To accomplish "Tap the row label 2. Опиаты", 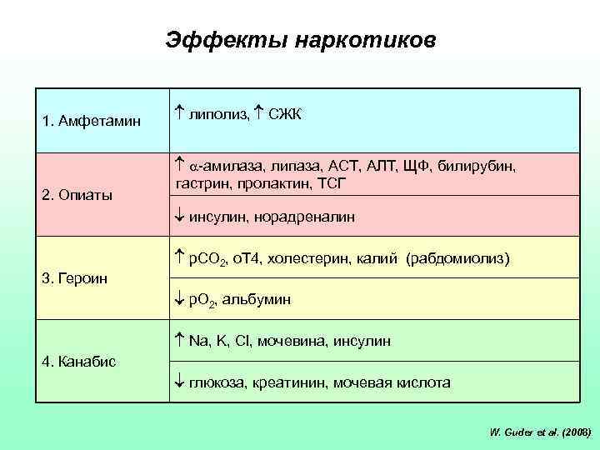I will pyautogui.click(x=77, y=195).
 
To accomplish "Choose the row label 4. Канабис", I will pyautogui.click(x=79, y=361).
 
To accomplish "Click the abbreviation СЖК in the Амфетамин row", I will pyautogui.click(x=284, y=112).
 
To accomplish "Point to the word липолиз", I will pyautogui.click(x=219, y=112).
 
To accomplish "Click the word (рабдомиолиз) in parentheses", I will pyautogui.click(x=457, y=259).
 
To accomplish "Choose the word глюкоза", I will pyautogui.click(x=216, y=382).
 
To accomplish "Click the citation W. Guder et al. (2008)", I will pyautogui.click(x=541, y=432).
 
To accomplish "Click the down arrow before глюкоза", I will pyautogui.click(x=180, y=382).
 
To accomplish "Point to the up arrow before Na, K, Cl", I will pyautogui.click(x=180, y=340).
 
